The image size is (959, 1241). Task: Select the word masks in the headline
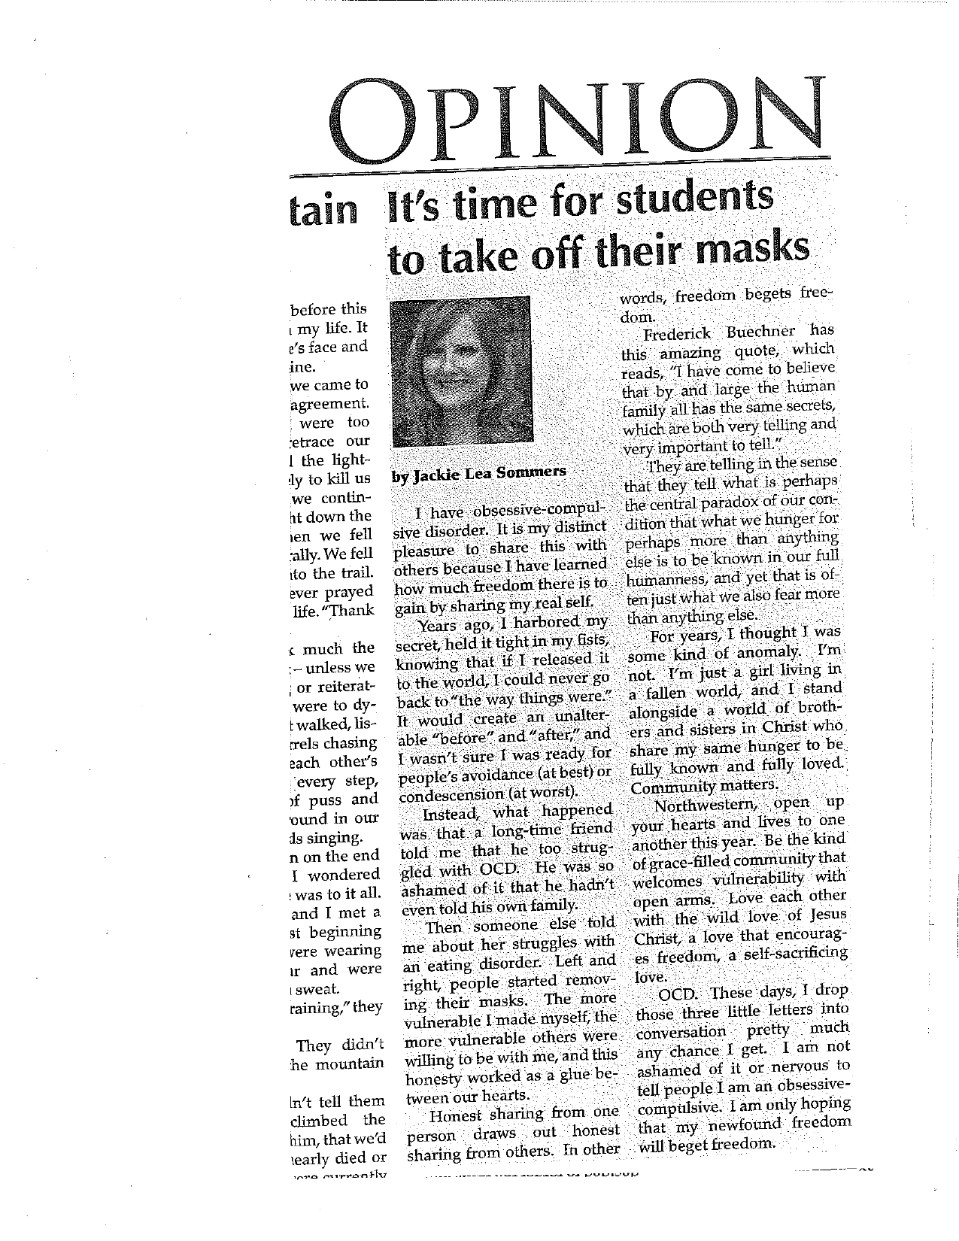pyautogui.click(x=755, y=250)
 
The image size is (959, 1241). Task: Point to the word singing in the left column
pyautogui.click(x=335, y=837)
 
